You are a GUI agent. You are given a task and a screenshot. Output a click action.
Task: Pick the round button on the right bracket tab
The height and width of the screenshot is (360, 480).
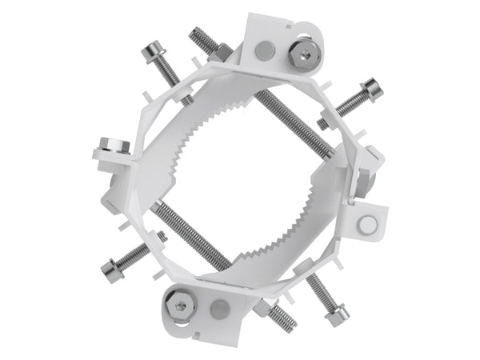pyautogui.click(x=367, y=224)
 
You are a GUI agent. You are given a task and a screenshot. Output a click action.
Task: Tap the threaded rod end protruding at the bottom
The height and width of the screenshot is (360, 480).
pyautogui.click(x=282, y=318)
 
